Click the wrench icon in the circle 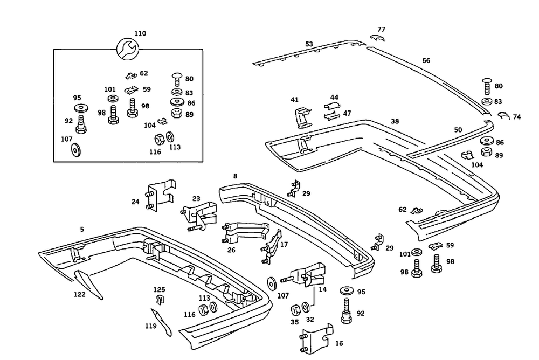129,50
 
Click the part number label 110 140,33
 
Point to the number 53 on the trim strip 309,44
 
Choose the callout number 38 395,122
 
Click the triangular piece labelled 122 88,283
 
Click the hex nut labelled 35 296,310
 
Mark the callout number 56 426,61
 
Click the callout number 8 235,176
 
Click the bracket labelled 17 274,247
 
